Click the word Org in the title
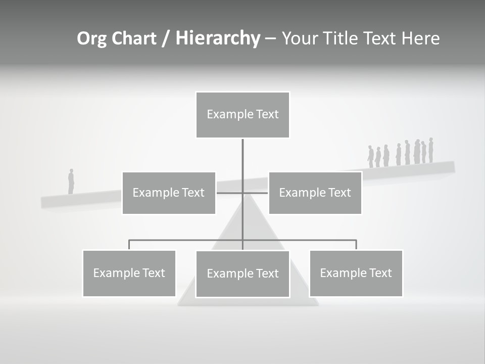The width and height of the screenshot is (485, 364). pos(91,38)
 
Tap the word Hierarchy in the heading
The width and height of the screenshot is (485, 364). pos(218,38)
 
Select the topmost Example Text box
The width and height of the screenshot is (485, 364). pos(243,115)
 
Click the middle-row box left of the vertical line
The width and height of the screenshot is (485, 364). pos(169,193)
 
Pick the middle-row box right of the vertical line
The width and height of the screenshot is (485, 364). pos(315,193)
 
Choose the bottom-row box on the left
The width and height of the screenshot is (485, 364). pos(129,273)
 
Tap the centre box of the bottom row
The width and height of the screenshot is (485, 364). pos(243,274)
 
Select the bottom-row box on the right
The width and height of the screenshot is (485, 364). pos(356,273)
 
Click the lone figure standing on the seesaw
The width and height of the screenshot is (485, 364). pos(71,181)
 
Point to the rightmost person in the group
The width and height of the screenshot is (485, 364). pos(431,150)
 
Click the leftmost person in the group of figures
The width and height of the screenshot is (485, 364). pos(370,157)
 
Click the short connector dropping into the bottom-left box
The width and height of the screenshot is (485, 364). pos(129,245)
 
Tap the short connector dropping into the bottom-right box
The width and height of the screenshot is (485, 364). pos(356,245)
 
